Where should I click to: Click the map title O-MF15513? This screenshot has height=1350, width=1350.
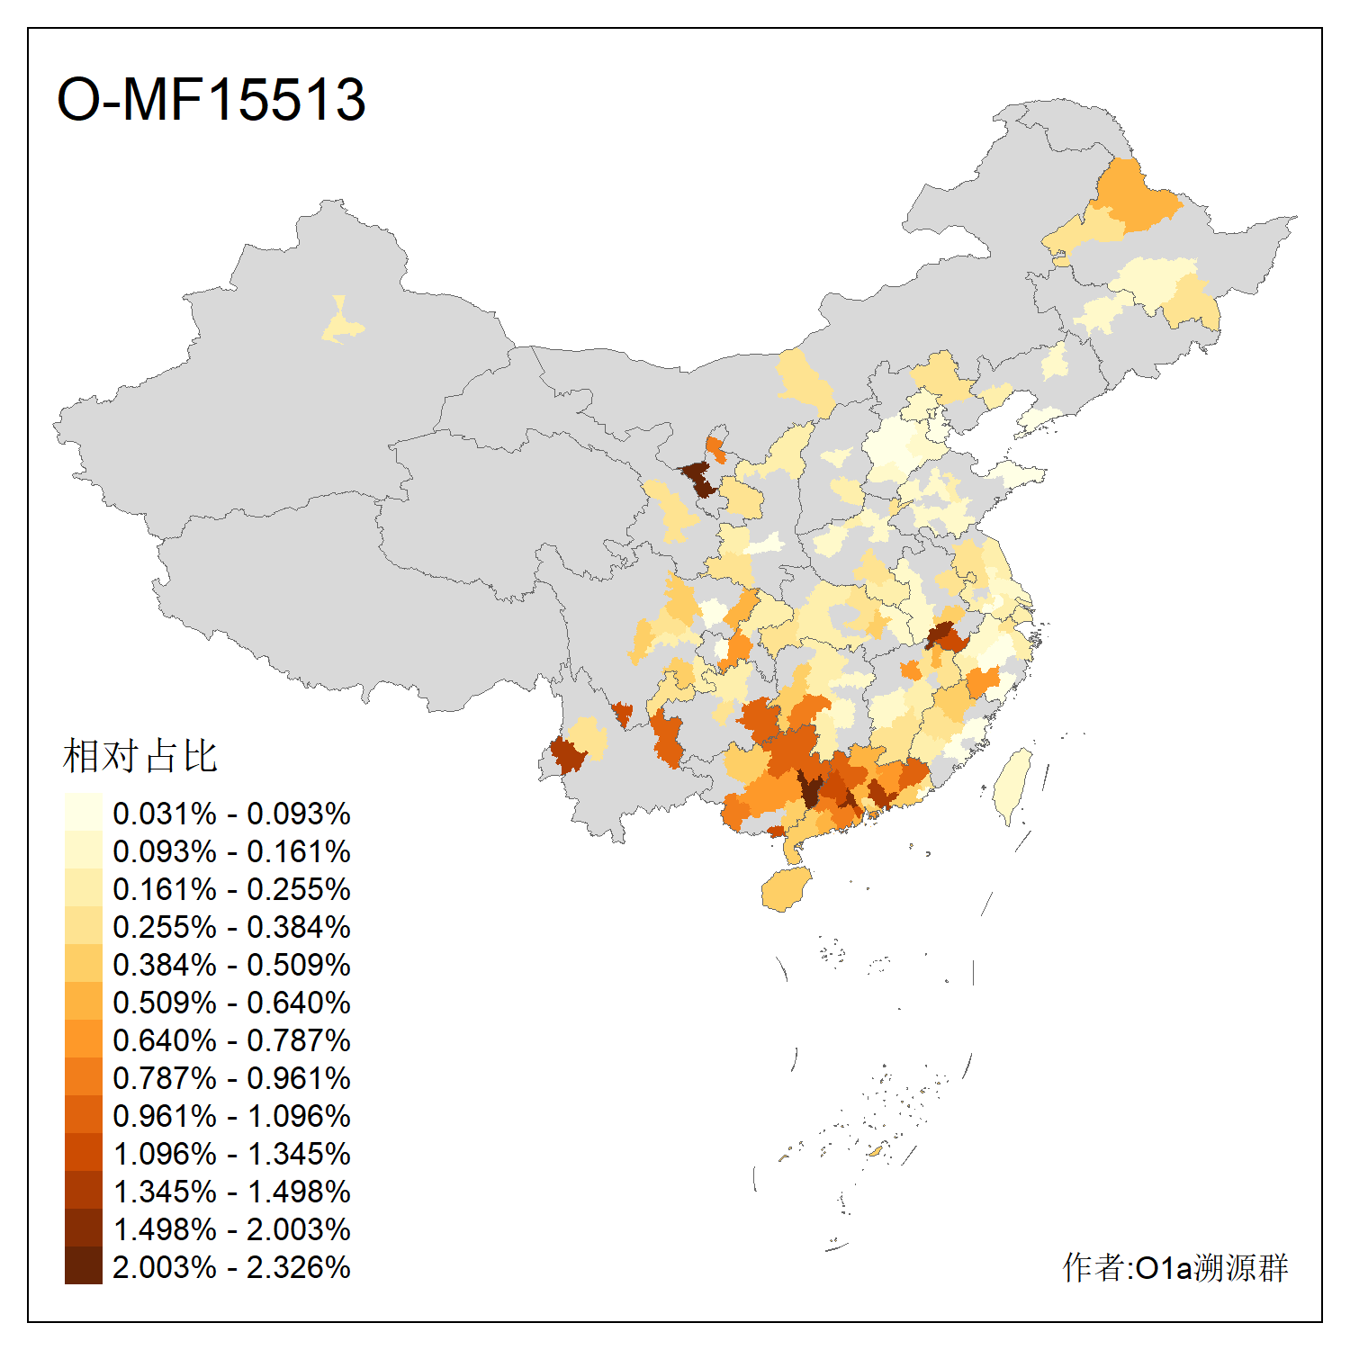point(211,99)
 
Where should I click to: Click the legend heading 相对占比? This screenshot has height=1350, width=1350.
point(139,756)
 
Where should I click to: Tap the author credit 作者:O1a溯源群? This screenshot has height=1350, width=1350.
point(1174,1267)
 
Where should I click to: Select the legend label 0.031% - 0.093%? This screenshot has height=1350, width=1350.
point(231,814)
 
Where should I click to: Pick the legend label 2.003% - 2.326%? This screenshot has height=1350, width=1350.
point(231,1267)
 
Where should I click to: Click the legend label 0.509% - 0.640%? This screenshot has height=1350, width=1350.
point(231,1003)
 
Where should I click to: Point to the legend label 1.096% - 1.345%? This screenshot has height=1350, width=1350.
point(231,1154)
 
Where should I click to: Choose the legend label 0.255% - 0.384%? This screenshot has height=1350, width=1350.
point(231,927)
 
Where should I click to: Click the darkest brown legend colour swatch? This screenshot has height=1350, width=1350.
point(83,1266)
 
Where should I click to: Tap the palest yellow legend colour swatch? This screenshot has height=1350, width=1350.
point(83,813)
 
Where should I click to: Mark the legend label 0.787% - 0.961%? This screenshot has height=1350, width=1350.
point(231,1078)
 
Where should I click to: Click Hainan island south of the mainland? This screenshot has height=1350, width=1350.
point(785,889)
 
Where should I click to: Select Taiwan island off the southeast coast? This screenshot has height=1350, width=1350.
point(1013,785)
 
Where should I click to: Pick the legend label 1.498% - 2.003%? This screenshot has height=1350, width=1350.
point(231,1229)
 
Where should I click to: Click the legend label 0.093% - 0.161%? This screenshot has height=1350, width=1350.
point(231,851)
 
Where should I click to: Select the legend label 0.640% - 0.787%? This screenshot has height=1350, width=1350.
point(231,1040)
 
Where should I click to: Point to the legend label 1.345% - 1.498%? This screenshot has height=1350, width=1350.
point(231,1192)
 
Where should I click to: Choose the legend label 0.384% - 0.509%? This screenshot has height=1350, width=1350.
point(231,965)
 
